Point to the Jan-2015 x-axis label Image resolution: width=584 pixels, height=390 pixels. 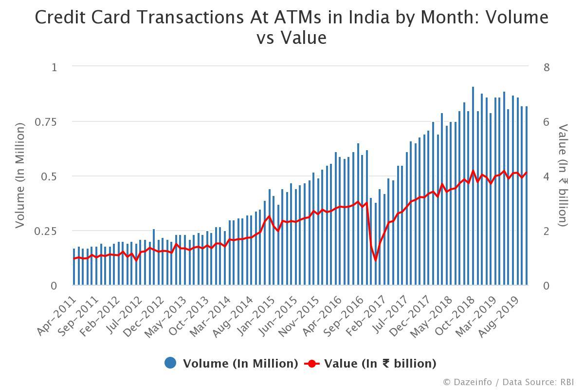click(253, 316)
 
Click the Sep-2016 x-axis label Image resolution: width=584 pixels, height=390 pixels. click(341, 316)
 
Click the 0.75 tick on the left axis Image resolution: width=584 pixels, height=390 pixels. click(46, 121)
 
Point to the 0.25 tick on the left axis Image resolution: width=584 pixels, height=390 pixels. click(46, 231)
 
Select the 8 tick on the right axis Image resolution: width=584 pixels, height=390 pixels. click(546, 67)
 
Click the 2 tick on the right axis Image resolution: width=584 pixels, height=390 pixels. click(546, 231)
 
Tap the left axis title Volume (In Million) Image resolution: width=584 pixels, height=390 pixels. click(19, 175)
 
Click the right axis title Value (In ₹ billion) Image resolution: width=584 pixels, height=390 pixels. click(563, 175)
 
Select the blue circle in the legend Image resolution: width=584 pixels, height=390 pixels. click(170, 363)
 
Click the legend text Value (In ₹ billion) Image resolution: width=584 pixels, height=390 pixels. click(380, 363)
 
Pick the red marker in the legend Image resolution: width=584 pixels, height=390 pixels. click(311, 363)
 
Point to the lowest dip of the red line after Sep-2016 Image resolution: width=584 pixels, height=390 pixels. click(375, 260)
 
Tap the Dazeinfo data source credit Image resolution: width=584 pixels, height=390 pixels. click(508, 382)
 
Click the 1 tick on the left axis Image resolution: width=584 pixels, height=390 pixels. click(54, 67)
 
